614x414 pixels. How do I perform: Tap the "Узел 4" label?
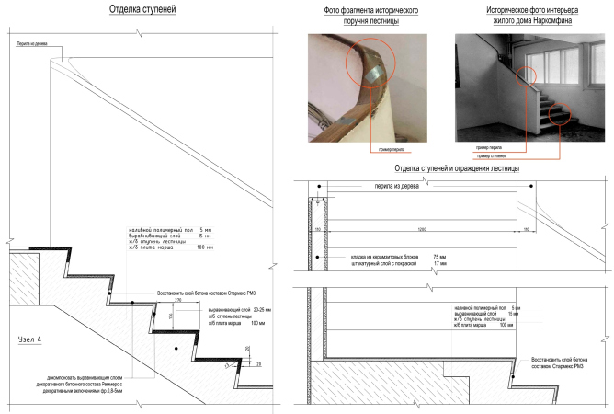(34, 339)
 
